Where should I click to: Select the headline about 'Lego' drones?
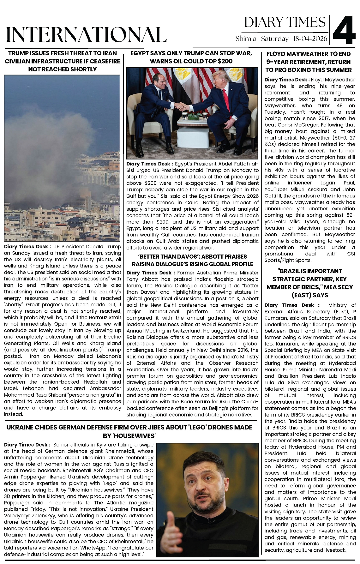129,431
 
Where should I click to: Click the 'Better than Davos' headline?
192,260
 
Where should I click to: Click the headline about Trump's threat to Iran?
62,61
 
